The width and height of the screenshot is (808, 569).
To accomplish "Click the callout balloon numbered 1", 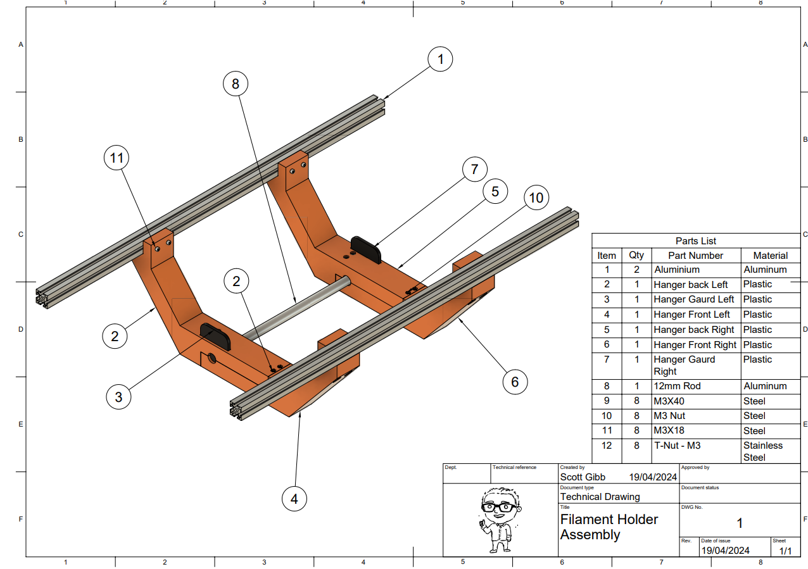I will point(441,60).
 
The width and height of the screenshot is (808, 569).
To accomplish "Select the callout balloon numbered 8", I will point(236,84).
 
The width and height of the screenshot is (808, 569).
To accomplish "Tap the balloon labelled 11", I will point(117,158).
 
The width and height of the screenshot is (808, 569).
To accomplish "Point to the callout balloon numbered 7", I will point(474,170).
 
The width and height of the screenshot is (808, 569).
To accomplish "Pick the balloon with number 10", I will point(536,198).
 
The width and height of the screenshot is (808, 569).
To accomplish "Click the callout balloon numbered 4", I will point(294,499).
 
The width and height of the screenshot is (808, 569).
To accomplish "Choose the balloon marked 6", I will point(515,382).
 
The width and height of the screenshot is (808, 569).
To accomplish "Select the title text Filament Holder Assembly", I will point(609,527).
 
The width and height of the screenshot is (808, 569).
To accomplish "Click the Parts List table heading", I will point(695,241).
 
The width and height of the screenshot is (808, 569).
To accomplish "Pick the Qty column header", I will point(636,256).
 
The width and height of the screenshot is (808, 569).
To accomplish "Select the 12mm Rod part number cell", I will point(677,386).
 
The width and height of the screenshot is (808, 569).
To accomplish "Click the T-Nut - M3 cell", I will point(677,446).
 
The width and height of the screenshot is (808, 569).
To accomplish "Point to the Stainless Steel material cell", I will point(763,451).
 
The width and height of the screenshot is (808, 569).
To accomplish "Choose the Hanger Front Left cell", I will point(691,315).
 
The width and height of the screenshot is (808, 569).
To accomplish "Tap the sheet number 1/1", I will point(785,551).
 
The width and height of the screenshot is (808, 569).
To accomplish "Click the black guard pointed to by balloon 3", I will point(216,335).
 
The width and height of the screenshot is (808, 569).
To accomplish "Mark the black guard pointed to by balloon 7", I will point(367,249).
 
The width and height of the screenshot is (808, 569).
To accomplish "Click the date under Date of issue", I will point(724,551).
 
